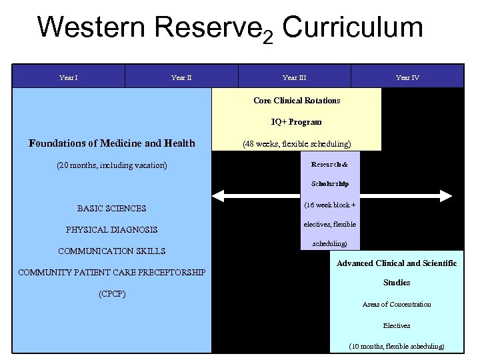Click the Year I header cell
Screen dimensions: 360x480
coord(68,77)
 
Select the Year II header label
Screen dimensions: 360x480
coord(181,77)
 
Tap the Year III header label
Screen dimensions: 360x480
coord(294,77)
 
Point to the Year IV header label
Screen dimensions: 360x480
coord(407,77)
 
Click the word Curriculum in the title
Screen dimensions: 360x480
coord(352,28)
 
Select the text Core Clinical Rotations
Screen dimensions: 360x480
coord(297,101)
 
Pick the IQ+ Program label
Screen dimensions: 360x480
coord(297,122)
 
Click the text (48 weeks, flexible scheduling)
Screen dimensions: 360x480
coord(297,143)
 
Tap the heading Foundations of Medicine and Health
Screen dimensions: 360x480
coord(112,143)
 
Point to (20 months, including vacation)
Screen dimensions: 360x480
coord(112,165)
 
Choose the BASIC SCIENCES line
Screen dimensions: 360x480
coord(111,208)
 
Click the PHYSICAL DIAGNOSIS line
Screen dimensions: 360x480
coord(111,229)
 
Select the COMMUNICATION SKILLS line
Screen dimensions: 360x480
coord(111,251)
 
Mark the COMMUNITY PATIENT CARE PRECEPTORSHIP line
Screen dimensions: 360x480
coord(111,272)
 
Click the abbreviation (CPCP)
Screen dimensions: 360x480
coord(111,293)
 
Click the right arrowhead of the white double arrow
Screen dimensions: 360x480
coord(449,196)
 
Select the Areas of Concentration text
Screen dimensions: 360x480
coord(397,304)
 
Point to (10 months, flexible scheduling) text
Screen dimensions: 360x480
coord(397,346)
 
